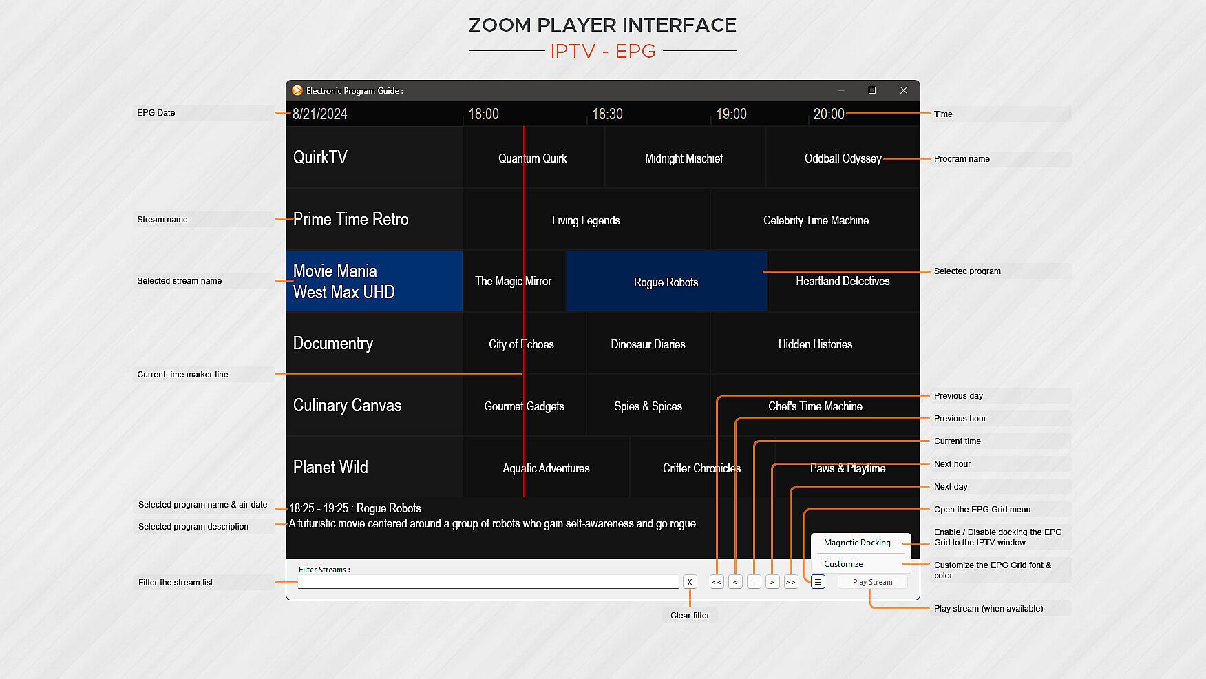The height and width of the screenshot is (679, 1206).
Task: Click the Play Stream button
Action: click(x=872, y=582)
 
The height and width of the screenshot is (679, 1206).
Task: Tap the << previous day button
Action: click(x=717, y=582)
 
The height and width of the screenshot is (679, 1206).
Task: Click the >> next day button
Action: click(x=790, y=582)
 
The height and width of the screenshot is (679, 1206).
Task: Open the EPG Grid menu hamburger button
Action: click(x=818, y=582)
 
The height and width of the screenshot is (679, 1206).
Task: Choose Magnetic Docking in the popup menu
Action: click(x=857, y=543)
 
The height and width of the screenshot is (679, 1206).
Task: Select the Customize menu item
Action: click(x=843, y=564)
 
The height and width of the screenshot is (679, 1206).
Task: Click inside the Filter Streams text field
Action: click(x=487, y=583)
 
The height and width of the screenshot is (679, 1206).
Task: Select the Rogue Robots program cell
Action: click(x=666, y=282)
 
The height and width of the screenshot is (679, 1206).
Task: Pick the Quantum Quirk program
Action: click(x=532, y=158)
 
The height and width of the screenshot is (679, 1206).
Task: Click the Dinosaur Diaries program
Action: click(x=648, y=344)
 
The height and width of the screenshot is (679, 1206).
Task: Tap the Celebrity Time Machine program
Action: click(x=816, y=220)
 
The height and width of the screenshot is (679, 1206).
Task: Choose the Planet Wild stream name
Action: click(x=330, y=467)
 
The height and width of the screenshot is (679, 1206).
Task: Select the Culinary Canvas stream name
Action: click(x=347, y=405)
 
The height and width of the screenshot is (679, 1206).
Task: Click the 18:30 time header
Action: click(x=607, y=114)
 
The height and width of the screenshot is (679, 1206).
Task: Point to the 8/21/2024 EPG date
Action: click(x=320, y=114)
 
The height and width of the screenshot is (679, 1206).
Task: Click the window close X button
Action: click(x=904, y=90)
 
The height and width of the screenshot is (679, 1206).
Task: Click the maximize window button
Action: click(x=872, y=90)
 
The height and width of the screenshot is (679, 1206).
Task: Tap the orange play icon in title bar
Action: click(x=297, y=90)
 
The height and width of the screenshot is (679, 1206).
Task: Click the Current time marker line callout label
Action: click(x=182, y=375)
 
